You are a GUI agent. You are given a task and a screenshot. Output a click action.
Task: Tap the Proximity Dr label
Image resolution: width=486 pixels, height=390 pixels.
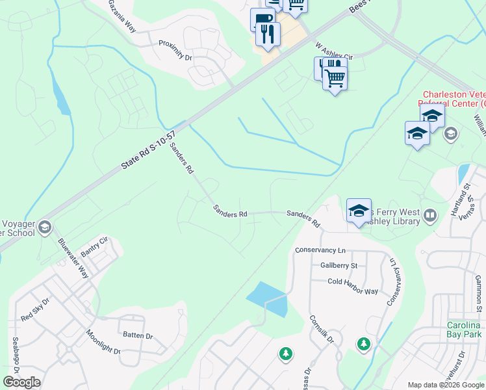[x=176, y=50]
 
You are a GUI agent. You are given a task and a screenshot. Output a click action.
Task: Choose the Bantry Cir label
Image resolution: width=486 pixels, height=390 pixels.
[x=93, y=247]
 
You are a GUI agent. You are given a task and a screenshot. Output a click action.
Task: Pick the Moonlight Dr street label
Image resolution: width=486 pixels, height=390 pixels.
[x=103, y=342]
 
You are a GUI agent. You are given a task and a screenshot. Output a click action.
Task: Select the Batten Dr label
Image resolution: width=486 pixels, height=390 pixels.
[x=137, y=336]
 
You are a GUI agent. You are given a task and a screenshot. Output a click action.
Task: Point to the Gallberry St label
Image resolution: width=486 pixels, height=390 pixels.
[x=339, y=265]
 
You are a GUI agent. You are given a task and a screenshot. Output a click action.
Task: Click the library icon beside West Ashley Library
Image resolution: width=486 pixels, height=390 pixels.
[x=429, y=215]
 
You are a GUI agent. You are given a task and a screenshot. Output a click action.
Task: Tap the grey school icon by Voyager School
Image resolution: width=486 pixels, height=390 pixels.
[x=44, y=227]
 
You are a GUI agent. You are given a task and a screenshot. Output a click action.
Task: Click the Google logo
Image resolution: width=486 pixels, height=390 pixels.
[x=21, y=382]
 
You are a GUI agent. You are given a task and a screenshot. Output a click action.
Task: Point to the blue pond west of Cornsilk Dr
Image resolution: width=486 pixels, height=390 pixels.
[x=267, y=298]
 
